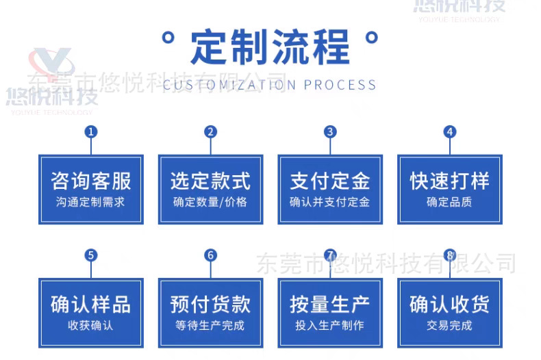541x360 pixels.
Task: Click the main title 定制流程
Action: (270, 47)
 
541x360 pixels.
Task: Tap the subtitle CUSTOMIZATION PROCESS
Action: (270, 85)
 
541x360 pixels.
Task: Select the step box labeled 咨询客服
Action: (90, 189)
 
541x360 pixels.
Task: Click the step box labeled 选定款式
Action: (210, 189)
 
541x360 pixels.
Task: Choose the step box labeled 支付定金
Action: (330, 189)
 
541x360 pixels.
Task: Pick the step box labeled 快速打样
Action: (449, 189)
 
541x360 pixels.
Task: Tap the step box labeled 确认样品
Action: (90, 312)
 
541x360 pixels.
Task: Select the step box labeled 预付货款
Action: (210, 312)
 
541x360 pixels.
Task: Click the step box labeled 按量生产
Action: (330, 312)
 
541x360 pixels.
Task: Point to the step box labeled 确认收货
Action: (449, 312)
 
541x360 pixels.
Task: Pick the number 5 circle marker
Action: (90, 255)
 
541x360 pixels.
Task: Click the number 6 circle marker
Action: (210, 255)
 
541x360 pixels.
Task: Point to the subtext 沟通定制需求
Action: (90, 202)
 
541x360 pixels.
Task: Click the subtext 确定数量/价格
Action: (210, 202)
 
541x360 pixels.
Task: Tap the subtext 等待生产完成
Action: (210, 325)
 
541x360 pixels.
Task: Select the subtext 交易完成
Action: (449, 325)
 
